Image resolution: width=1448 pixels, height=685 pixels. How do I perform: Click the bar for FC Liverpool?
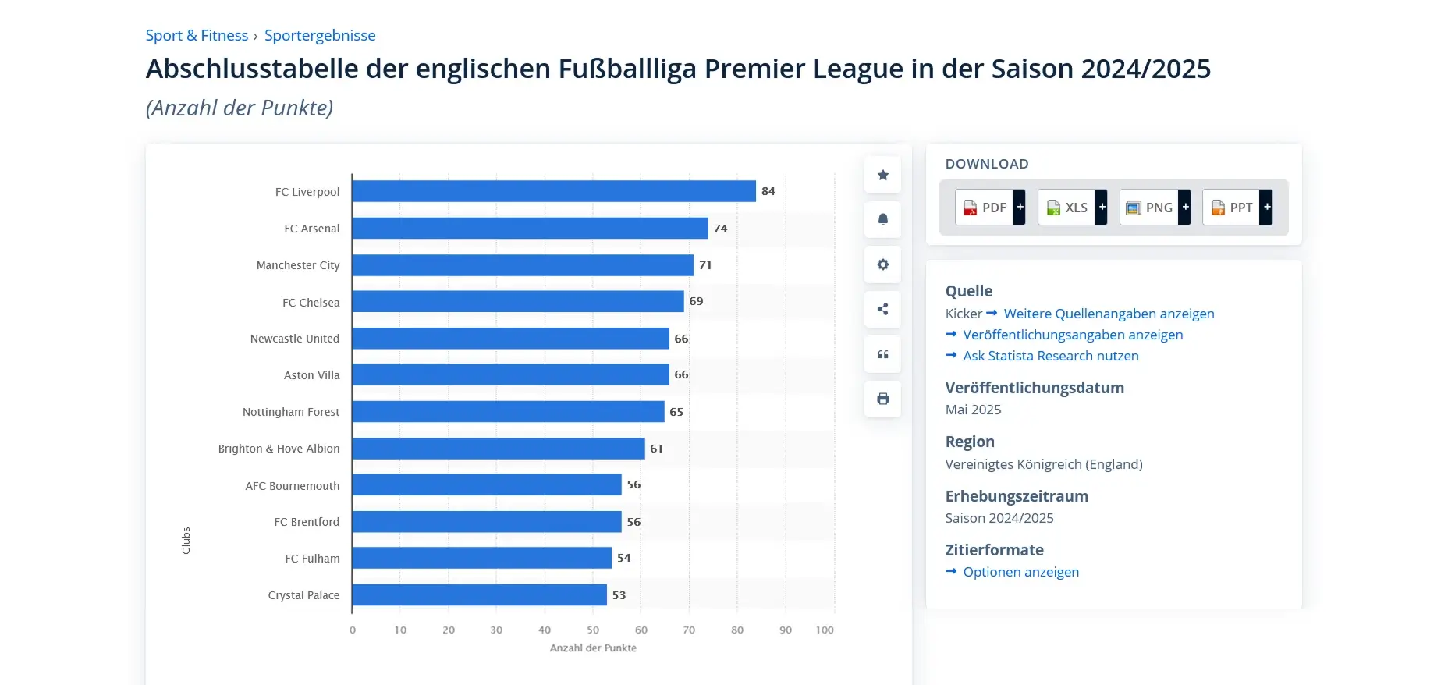[553, 191]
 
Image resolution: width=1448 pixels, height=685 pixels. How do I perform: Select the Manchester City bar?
[522, 265]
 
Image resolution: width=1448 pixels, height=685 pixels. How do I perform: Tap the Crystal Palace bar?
[479, 595]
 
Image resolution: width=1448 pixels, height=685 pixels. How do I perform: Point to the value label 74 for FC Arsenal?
[720, 229]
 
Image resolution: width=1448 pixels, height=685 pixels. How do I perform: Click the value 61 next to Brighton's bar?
[656, 449]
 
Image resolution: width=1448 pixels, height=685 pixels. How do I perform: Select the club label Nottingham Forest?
[291, 412]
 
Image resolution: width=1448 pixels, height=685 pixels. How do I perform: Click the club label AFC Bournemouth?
[293, 486]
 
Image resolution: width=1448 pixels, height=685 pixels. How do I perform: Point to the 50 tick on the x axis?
[593, 630]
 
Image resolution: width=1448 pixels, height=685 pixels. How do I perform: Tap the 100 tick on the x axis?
[825, 630]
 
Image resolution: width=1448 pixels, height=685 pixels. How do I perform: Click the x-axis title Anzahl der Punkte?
[593, 648]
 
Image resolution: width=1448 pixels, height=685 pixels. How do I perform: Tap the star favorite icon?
[882, 175]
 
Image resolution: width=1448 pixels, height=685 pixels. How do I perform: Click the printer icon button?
[882, 399]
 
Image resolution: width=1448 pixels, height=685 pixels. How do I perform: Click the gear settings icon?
[882, 264]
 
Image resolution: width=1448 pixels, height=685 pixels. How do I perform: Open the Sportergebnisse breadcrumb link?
[320, 35]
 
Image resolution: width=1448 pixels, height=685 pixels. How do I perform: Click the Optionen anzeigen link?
[1020, 572]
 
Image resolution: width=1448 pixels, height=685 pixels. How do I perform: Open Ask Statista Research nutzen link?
[1050, 356]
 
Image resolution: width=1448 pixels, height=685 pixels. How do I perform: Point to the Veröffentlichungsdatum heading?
[1035, 388]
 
